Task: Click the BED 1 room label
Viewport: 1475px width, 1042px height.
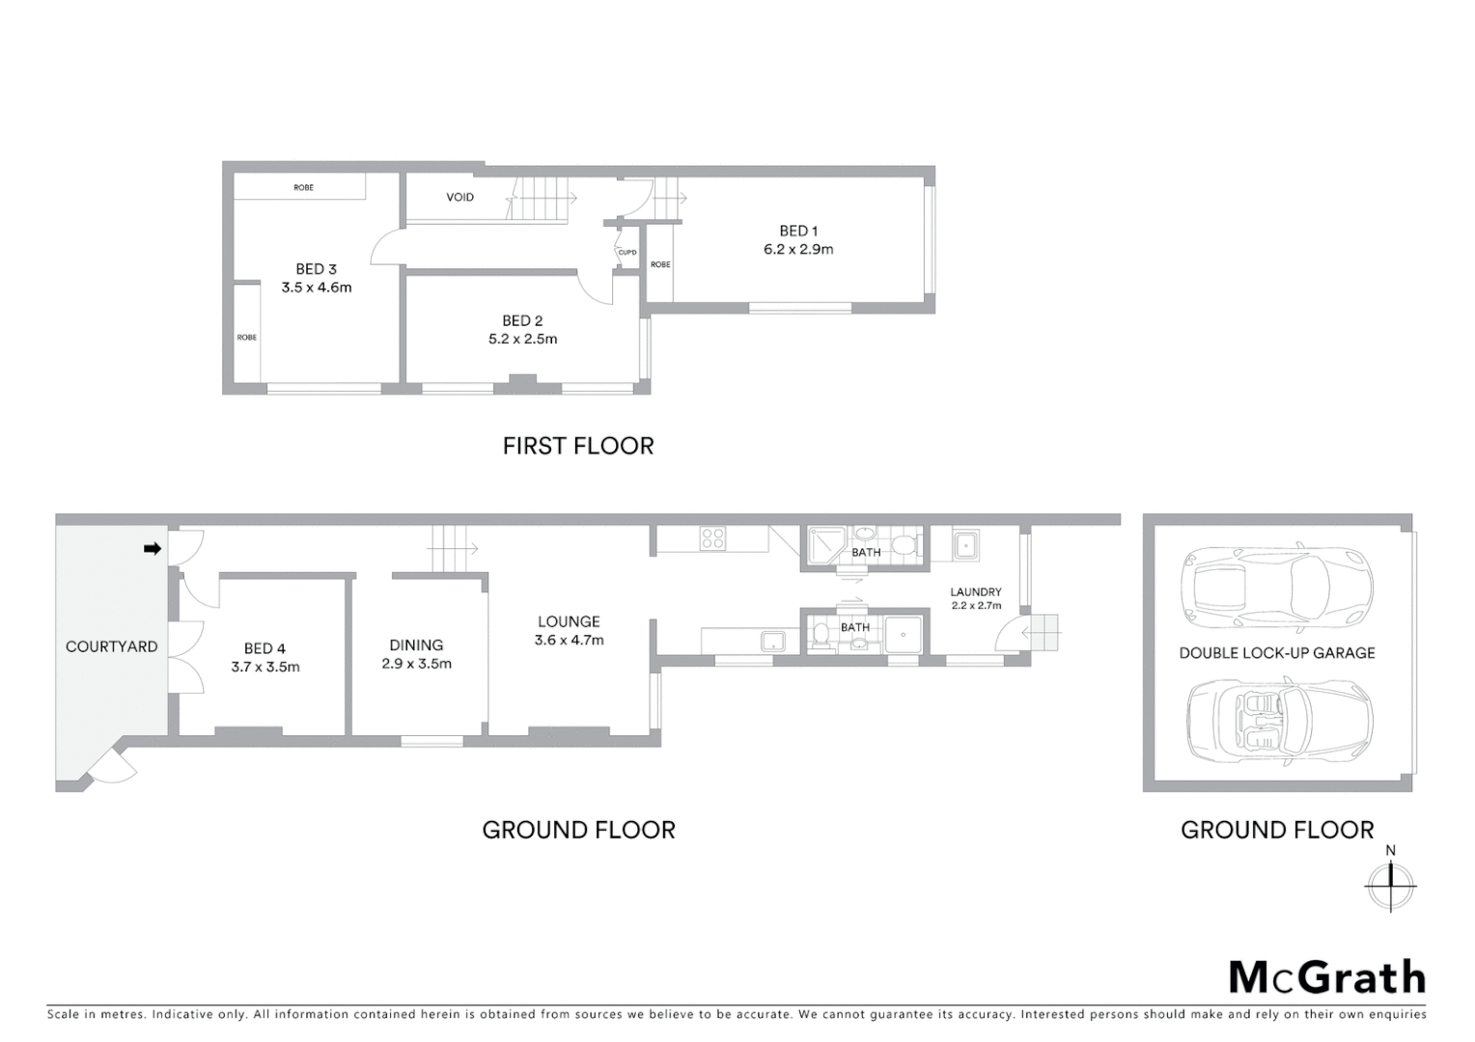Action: (x=798, y=231)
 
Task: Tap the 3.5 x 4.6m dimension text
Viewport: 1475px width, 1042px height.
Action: (x=317, y=288)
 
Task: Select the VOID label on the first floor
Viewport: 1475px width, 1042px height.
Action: (x=459, y=197)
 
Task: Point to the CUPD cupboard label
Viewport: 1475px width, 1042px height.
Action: (x=627, y=253)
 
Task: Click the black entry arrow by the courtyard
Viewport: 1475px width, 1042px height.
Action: (x=152, y=549)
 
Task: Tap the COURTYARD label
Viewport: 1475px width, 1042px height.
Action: (x=111, y=646)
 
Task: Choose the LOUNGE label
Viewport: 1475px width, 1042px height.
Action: (x=569, y=621)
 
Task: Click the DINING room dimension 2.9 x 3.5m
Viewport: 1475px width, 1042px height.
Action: (x=416, y=664)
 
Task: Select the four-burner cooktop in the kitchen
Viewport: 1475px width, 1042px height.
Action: (x=712, y=538)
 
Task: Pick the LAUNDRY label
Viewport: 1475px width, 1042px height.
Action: (x=975, y=591)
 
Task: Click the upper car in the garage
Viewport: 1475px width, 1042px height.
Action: (x=1276, y=586)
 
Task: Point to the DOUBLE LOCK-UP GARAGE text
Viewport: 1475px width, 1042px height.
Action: (x=1276, y=653)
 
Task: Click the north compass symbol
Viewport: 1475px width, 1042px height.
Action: (x=1390, y=882)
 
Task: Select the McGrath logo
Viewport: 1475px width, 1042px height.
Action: (x=1326, y=977)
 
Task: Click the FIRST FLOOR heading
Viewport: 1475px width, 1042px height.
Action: (x=578, y=446)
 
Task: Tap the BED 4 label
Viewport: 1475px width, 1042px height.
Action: (x=264, y=648)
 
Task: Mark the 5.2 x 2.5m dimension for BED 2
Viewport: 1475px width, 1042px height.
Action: (x=522, y=340)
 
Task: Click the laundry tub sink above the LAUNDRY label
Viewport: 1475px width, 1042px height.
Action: (x=965, y=546)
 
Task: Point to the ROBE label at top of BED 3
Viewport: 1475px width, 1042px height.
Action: (x=303, y=187)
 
